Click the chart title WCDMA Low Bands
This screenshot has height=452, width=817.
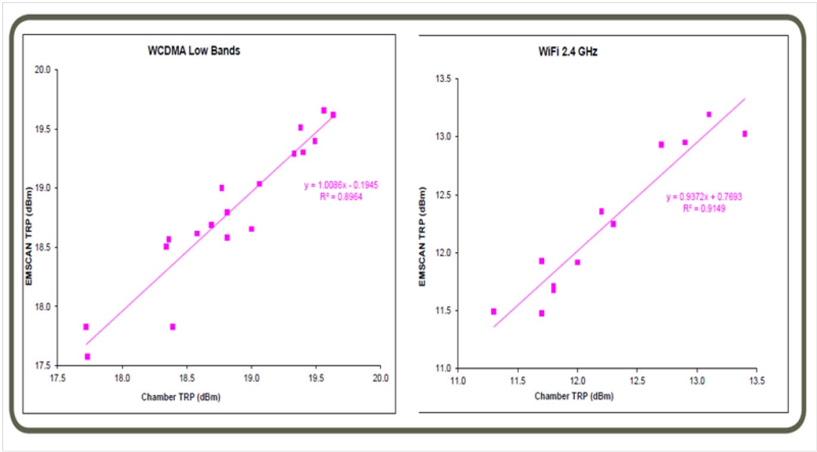[x=194, y=51]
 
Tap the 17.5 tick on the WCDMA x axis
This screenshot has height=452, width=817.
[x=58, y=377]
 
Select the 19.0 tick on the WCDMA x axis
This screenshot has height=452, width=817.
[x=252, y=377]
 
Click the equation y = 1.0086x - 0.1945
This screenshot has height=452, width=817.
[x=341, y=186]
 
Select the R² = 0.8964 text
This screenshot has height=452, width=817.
[x=341, y=196]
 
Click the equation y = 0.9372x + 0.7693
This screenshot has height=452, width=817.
[x=703, y=197]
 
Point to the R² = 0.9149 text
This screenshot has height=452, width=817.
[x=703, y=209]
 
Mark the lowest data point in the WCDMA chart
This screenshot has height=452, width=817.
[x=87, y=357]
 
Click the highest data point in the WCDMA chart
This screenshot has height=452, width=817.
[x=324, y=110]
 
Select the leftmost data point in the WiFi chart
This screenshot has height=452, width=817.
[x=494, y=311]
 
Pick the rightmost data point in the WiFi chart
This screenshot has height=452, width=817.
[x=744, y=134]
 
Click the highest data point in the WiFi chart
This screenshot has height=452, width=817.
[x=709, y=114]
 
